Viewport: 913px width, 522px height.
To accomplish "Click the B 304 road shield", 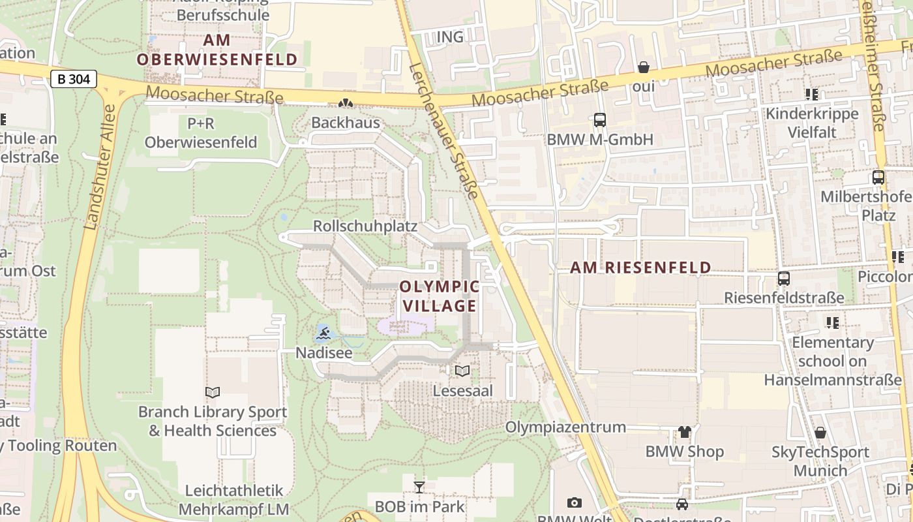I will coord(74,80).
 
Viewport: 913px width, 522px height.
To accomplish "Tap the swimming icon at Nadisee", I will coord(323,335).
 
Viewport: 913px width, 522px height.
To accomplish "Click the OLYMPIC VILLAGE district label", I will coord(439,296).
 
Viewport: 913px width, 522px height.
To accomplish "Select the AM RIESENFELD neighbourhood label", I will coord(640,268).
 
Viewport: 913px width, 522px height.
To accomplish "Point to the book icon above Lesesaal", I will coord(462,371).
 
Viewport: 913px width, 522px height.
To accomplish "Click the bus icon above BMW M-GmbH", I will coord(599,120).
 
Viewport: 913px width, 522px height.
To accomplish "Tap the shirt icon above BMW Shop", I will coord(684,431).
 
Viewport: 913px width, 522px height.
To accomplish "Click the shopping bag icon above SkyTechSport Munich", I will coord(820,433).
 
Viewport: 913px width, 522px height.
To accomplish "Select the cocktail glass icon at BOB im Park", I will coord(419,487).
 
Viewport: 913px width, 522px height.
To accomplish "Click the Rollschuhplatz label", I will coord(365,226).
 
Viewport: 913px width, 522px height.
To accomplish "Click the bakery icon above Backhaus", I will coord(345,103).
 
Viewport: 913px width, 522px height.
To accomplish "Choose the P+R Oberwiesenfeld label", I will coord(201,133).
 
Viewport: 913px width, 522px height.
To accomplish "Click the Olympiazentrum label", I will coord(565,427).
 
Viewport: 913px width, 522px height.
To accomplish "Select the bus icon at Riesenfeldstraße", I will coord(784,279).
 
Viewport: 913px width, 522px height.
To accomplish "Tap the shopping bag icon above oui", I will coord(643,67).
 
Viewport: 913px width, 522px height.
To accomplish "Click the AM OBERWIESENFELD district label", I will coord(217,50).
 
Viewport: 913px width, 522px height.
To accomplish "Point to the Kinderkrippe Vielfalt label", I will coord(812,123).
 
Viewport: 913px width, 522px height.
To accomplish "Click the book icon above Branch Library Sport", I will coord(212,392).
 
